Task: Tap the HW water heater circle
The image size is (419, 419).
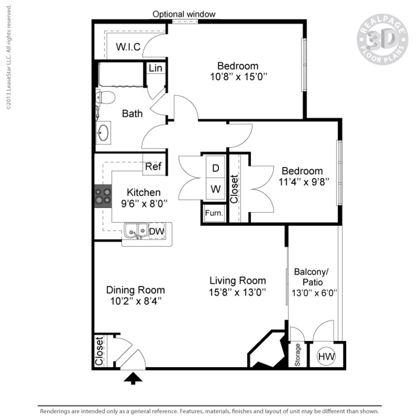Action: [x=327, y=356]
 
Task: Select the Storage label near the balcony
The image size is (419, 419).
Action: [x=297, y=355]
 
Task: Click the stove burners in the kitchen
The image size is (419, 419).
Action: [x=103, y=196]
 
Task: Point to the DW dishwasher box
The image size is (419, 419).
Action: [x=156, y=232]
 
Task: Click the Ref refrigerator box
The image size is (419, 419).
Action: [x=153, y=167]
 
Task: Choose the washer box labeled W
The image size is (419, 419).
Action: [x=215, y=189]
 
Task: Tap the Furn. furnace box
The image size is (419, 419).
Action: [x=214, y=213]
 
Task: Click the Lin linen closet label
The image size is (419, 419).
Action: [x=155, y=68]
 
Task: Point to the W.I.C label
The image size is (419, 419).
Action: [x=128, y=47]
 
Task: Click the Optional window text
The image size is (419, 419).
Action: [x=184, y=14]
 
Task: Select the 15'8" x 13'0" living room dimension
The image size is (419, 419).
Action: [x=238, y=292]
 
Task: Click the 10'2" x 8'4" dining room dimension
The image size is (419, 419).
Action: [x=135, y=301]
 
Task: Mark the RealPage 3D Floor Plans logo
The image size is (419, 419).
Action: [x=382, y=40]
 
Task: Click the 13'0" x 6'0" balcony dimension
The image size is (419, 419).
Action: [x=314, y=293]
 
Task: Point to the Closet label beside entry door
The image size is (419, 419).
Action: [x=99, y=351]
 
